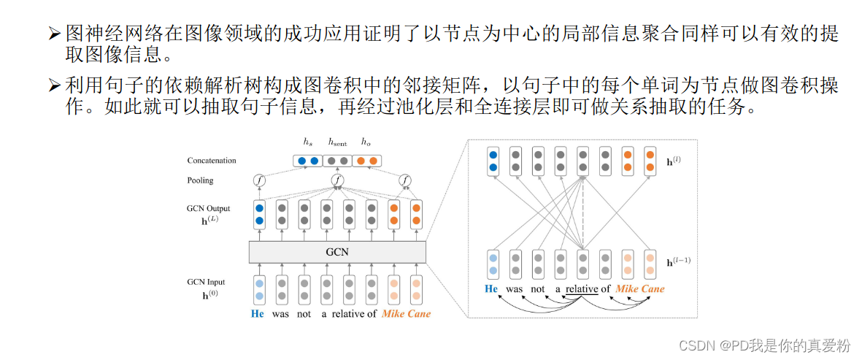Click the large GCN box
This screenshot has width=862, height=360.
(337, 252)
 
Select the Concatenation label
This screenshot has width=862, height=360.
(212, 161)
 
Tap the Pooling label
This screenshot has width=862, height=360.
(200, 180)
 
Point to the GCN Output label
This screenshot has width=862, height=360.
(208, 209)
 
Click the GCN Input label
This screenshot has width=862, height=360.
(206, 282)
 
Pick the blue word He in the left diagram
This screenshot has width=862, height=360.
(258, 314)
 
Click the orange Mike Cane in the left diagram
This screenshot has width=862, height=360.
(406, 314)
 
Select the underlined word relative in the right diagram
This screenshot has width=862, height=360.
(581, 289)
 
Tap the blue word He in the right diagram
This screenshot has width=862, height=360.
(492, 289)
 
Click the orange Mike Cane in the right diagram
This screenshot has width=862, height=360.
(640, 289)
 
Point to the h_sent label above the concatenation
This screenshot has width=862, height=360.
(337, 142)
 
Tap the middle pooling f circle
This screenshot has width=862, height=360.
(337, 180)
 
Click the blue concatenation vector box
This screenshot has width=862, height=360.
(307, 161)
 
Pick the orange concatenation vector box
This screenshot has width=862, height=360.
(366, 161)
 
